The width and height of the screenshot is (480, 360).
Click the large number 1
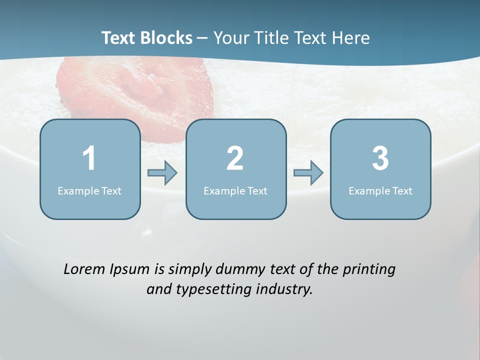89,158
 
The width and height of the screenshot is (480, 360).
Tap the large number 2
235,158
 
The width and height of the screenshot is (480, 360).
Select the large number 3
380,158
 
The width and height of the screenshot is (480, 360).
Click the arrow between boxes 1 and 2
162,173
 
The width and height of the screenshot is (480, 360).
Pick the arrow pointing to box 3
308,173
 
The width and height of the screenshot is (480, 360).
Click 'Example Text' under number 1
89,190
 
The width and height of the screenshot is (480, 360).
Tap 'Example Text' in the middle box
235,190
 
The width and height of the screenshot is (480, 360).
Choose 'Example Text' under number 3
380,190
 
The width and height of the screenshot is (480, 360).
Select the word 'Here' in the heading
351,38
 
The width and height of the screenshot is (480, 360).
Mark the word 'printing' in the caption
369,269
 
